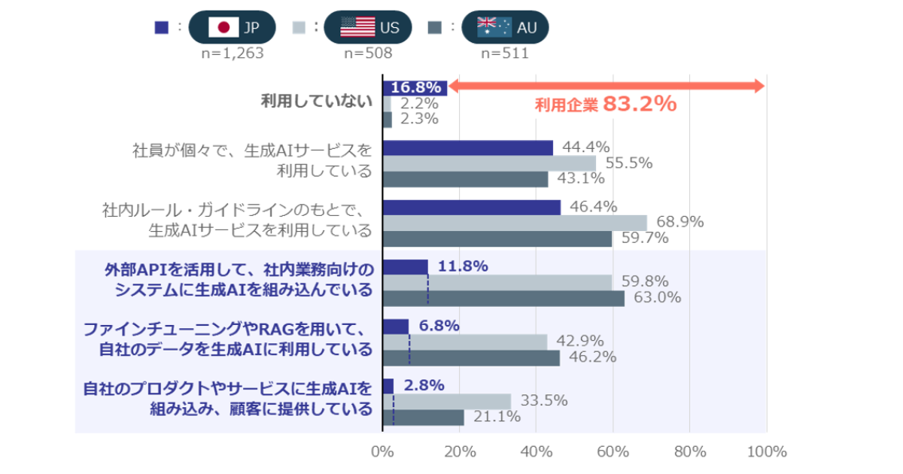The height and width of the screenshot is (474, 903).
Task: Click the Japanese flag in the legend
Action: click(x=223, y=28)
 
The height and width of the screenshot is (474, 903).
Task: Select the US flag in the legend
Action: click(x=357, y=28)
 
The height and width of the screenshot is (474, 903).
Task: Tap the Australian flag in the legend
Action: click(x=494, y=28)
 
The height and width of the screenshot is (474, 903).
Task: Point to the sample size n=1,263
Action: click(x=232, y=53)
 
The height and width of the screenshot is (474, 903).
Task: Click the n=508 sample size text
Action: click(x=368, y=53)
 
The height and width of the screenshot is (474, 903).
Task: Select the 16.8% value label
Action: click(x=415, y=88)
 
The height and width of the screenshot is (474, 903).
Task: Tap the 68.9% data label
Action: click(x=680, y=222)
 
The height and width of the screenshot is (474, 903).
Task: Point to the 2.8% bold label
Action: click(x=424, y=385)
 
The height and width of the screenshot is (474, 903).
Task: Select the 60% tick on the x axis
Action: click(x=613, y=452)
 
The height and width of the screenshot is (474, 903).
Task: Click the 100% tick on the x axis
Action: click(x=767, y=452)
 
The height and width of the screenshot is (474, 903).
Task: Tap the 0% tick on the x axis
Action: click(x=382, y=452)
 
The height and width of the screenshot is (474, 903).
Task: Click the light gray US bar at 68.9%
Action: click(x=515, y=223)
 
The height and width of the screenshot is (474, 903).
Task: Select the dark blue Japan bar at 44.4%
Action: click(x=467, y=147)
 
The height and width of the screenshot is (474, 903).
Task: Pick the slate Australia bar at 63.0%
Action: click(x=503, y=298)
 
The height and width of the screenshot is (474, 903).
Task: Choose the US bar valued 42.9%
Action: click(x=465, y=342)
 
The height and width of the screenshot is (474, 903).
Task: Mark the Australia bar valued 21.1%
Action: click(x=423, y=417)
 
